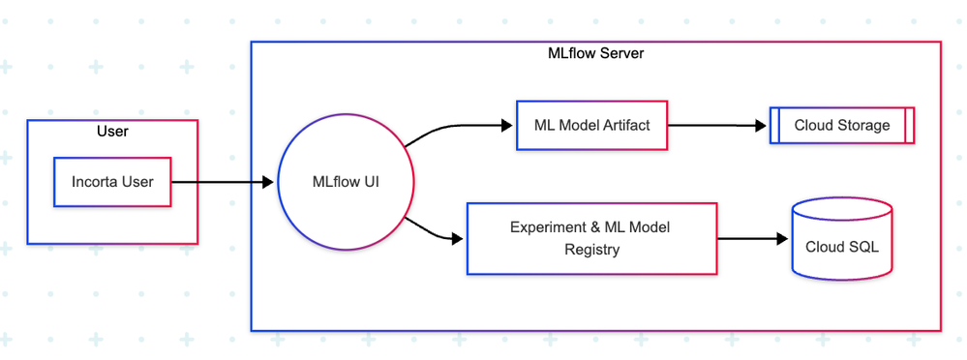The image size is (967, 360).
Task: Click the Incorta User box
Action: point(112,182)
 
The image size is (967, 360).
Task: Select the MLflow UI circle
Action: point(346,182)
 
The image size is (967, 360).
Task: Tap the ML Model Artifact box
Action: point(592,125)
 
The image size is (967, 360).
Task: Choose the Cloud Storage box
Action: point(842,125)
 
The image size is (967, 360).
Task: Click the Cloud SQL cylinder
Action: point(842,239)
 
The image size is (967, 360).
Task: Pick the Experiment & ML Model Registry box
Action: point(592,239)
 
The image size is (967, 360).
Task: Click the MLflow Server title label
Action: point(595,53)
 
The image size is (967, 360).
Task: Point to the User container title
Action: point(112,132)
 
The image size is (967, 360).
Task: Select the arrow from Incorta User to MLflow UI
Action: point(222,182)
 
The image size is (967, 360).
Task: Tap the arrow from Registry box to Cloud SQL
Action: point(753,239)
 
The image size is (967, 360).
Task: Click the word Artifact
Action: point(628,125)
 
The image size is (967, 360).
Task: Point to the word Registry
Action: point(592,250)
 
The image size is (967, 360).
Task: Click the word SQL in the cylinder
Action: point(863,247)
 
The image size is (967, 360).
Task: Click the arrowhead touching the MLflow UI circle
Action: point(268,182)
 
